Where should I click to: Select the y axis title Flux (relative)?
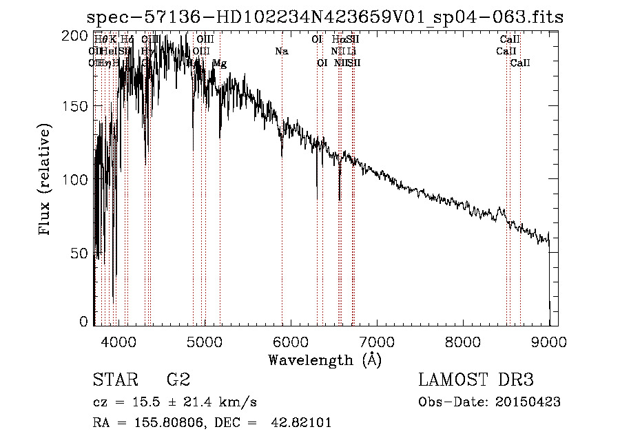45,180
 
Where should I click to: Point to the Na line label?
281,51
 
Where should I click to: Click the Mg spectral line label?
219,63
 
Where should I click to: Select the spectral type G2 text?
177,381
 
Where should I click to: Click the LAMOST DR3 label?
476,381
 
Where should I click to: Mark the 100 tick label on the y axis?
80,180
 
